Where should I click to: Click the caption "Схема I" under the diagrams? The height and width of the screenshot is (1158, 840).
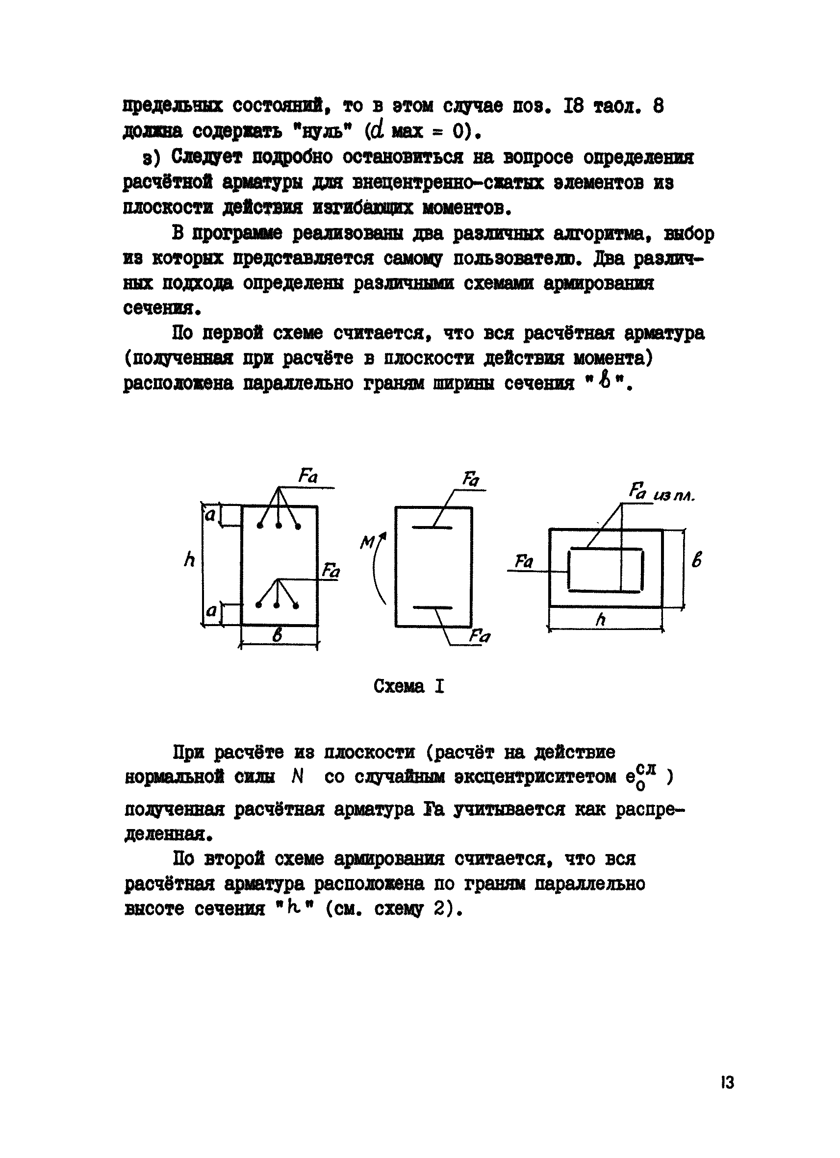click(x=408, y=686)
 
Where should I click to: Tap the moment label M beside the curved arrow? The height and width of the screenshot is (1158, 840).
click(x=367, y=542)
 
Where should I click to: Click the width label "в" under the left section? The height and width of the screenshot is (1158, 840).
click(x=277, y=636)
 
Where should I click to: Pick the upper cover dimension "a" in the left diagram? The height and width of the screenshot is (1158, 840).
click(x=210, y=515)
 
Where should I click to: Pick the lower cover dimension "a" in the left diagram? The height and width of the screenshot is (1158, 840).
click(x=211, y=611)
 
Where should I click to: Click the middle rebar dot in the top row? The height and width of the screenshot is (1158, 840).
click(x=279, y=526)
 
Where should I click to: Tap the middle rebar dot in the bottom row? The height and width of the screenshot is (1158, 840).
click(x=277, y=605)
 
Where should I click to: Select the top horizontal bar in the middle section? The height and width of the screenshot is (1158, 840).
click(x=432, y=528)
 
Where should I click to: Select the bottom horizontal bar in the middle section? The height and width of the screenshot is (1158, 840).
click(x=432, y=608)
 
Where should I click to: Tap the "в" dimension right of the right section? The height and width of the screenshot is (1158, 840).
click(x=696, y=559)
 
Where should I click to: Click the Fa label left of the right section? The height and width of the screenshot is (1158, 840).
click(x=523, y=562)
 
